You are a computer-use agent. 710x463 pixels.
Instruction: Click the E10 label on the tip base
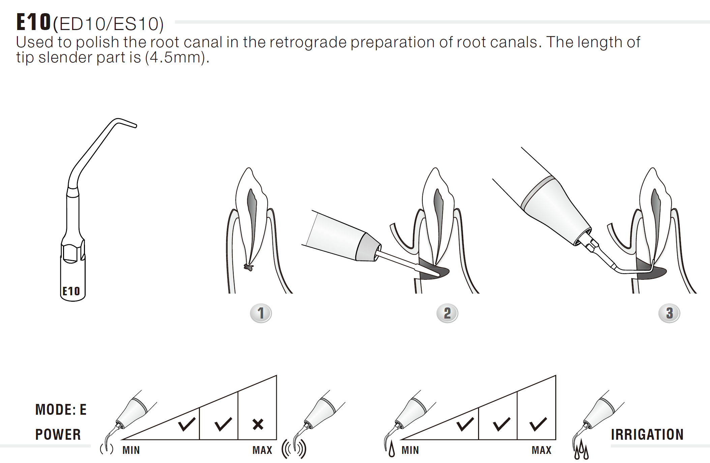point(71,291)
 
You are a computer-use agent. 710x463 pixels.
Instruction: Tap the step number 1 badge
point(261,313)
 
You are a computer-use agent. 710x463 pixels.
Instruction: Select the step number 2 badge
point(447,313)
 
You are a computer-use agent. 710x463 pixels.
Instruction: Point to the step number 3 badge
point(669,313)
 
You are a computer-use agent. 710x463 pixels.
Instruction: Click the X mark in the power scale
point(258,424)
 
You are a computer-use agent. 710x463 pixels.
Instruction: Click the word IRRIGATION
point(647,435)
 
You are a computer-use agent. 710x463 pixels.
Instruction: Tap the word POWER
point(58,435)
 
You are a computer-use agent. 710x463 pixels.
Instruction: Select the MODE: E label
point(61,410)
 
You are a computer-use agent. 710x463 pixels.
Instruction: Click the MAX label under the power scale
point(262,450)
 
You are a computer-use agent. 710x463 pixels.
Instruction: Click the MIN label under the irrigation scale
point(410,450)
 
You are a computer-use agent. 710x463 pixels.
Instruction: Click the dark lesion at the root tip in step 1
point(249,268)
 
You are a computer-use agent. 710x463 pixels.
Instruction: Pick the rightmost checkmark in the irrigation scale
point(538,424)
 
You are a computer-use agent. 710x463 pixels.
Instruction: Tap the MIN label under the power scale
point(131,450)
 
